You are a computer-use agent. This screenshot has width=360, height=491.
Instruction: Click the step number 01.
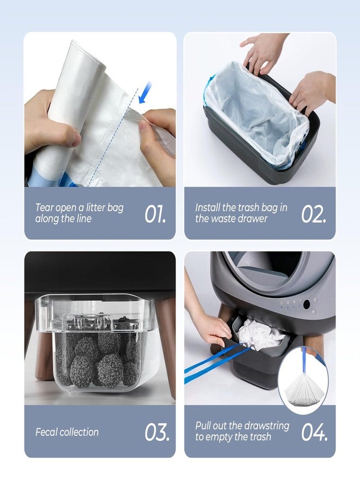pos(155,214)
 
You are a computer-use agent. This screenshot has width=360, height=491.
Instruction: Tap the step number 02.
pos(314,214)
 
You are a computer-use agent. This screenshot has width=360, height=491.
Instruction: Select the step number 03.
pos(157,433)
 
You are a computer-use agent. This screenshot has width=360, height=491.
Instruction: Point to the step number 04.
pos(314,433)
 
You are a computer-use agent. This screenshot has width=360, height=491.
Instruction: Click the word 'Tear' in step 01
pos(43,207)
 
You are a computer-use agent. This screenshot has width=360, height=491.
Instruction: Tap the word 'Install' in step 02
pos(206,207)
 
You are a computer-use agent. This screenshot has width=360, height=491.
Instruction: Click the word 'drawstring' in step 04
pos(266,426)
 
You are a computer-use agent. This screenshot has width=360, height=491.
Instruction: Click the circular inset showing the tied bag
pos(303,380)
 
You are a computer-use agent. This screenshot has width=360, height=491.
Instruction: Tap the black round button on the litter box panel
pos(307,303)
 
